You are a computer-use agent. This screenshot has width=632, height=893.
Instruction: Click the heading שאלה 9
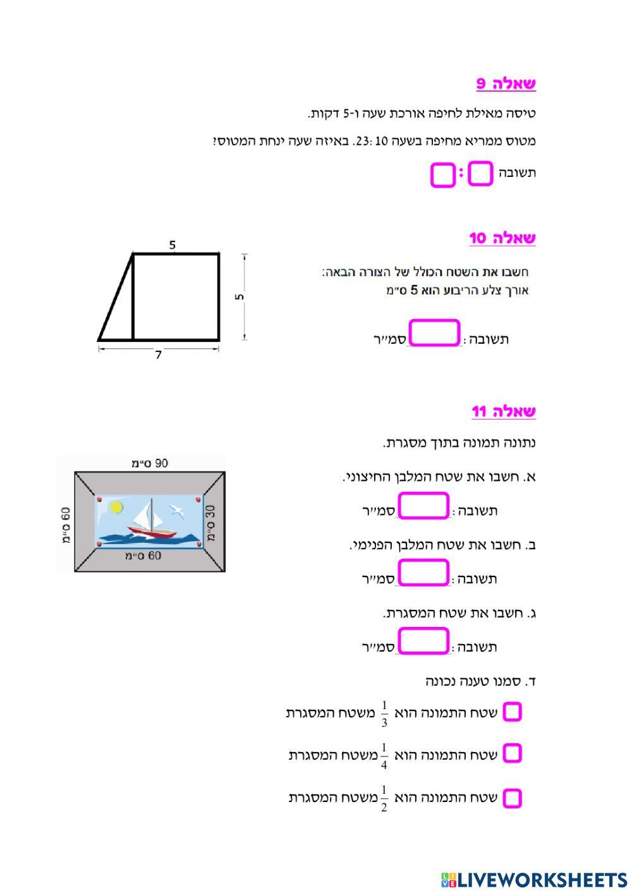506,83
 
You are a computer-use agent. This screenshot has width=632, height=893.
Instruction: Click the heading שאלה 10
502,238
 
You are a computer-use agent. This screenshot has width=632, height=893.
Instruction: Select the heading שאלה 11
504,412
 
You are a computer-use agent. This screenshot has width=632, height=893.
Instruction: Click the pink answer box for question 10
435,334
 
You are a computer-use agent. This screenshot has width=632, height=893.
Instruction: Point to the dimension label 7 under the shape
158,355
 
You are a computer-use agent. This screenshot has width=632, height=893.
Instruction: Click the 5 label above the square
173,245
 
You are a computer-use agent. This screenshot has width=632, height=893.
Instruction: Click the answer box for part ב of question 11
423,573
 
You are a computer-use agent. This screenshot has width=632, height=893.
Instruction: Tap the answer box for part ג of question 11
423,641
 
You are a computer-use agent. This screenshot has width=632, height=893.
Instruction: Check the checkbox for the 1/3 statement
512,712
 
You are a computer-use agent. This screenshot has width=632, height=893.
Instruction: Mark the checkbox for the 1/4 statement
512,753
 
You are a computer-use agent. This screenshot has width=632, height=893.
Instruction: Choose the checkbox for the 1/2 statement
512,798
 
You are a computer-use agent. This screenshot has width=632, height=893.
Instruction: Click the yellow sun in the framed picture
116,507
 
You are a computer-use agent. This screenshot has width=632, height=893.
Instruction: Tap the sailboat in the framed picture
150,521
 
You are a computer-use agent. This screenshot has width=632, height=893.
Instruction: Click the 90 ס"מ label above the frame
150,463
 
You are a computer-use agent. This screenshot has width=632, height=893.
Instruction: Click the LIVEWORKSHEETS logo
534,880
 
